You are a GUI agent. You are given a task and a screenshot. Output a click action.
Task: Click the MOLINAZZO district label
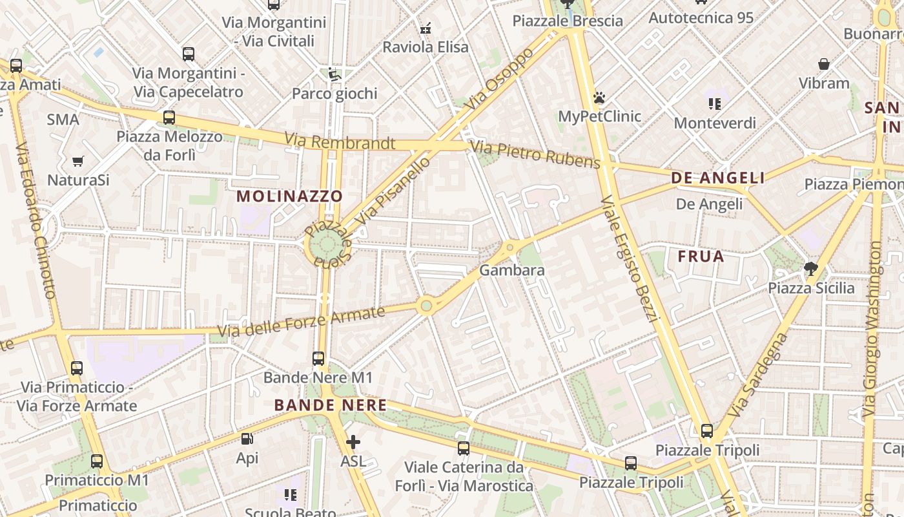[x=289, y=196]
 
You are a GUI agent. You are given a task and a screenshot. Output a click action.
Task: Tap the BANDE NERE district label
[x=331, y=405]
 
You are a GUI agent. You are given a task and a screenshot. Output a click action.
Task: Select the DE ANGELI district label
[x=718, y=178]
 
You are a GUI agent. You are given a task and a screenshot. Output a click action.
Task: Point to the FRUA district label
[x=701, y=257]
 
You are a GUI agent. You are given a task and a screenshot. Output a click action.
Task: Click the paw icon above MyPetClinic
[x=599, y=98]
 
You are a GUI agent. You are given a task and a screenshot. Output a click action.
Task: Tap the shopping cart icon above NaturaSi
[x=78, y=161]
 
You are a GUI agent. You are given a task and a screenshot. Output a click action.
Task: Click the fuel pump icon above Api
[x=247, y=439]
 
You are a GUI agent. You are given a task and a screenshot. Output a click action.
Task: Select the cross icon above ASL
[x=353, y=443]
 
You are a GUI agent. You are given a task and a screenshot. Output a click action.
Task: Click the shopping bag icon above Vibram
[x=824, y=64]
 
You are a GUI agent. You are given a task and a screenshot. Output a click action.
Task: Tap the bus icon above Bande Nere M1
[x=318, y=359]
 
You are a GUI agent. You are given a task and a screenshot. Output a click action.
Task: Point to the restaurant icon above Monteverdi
[x=714, y=103]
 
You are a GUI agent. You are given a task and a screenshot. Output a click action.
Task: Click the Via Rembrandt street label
[x=340, y=141]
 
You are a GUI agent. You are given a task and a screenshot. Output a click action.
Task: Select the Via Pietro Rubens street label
[x=535, y=154]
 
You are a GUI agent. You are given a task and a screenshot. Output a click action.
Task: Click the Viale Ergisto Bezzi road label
[x=629, y=258]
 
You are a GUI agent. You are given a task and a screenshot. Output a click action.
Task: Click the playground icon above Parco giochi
[x=334, y=74]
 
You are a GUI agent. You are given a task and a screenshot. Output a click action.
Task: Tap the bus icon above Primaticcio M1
[x=97, y=461]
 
